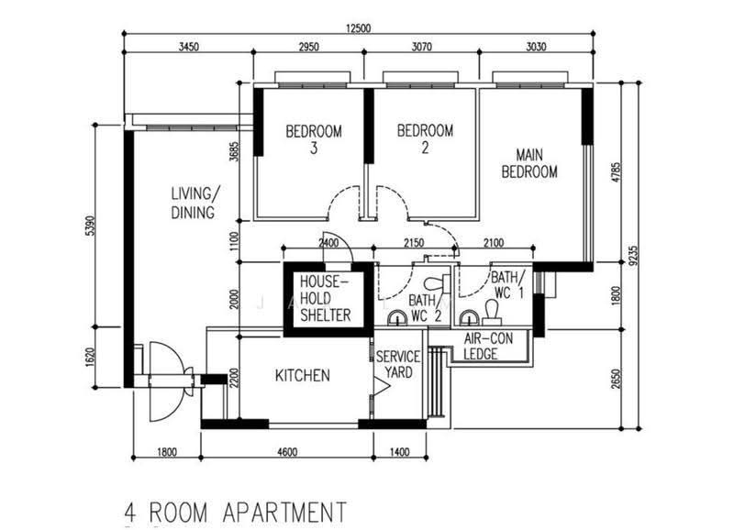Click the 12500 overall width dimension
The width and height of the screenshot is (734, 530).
click(x=358, y=28)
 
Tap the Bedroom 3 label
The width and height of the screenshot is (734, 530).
click(x=314, y=139)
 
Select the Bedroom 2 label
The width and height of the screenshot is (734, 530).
click(x=425, y=138)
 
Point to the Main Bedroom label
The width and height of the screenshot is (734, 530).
click(x=529, y=163)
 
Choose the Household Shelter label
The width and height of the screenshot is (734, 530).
click(x=326, y=298)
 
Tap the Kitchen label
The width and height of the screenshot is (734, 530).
click(x=303, y=375)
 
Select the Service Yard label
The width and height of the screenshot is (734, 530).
click(x=398, y=364)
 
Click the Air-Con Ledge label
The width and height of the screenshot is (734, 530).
click(x=488, y=347)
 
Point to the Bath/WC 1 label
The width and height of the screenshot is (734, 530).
click(x=508, y=285)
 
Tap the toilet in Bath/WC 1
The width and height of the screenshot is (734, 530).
click(x=492, y=313)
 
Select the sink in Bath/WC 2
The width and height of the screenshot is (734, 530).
click(x=397, y=317)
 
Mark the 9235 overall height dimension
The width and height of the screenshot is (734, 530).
click(x=633, y=256)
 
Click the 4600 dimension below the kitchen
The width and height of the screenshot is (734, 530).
click(x=287, y=452)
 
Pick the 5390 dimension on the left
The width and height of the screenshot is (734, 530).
click(x=90, y=226)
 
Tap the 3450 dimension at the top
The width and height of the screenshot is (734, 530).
click(x=189, y=47)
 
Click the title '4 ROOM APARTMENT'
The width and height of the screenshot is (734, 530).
click(x=236, y=513)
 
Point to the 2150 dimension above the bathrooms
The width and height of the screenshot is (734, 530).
click(x=414, y=243)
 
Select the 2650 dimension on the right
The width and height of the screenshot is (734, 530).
click(x=616, y=379)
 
